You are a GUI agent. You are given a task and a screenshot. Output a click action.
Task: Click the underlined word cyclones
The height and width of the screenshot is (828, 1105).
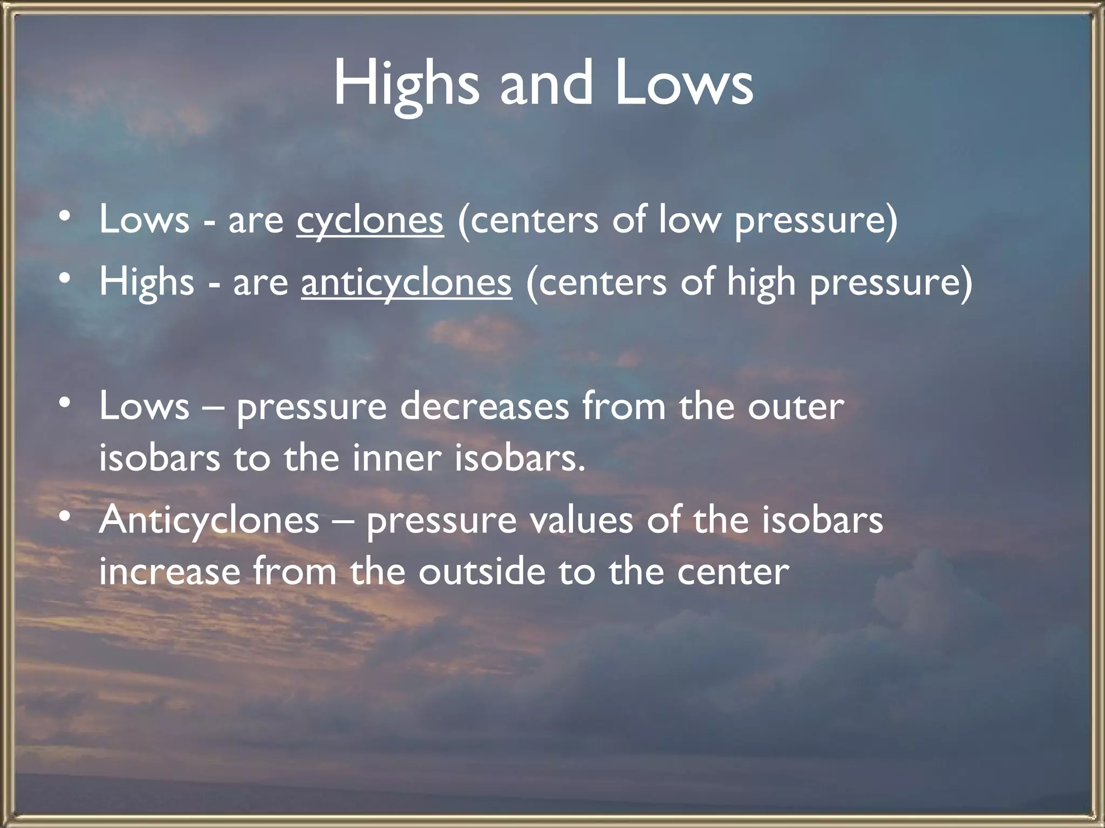[x=370, y=221]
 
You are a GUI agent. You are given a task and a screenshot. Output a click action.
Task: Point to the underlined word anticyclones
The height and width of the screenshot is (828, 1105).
[x=406, y=282]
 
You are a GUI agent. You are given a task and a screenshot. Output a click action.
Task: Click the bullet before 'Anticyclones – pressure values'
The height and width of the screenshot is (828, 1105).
[x=65, y=517]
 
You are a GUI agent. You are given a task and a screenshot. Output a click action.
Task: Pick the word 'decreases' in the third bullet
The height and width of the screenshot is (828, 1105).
[x=484, y=407]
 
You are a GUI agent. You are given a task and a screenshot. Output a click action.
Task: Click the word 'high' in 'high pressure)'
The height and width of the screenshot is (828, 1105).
[x=761, y=282]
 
